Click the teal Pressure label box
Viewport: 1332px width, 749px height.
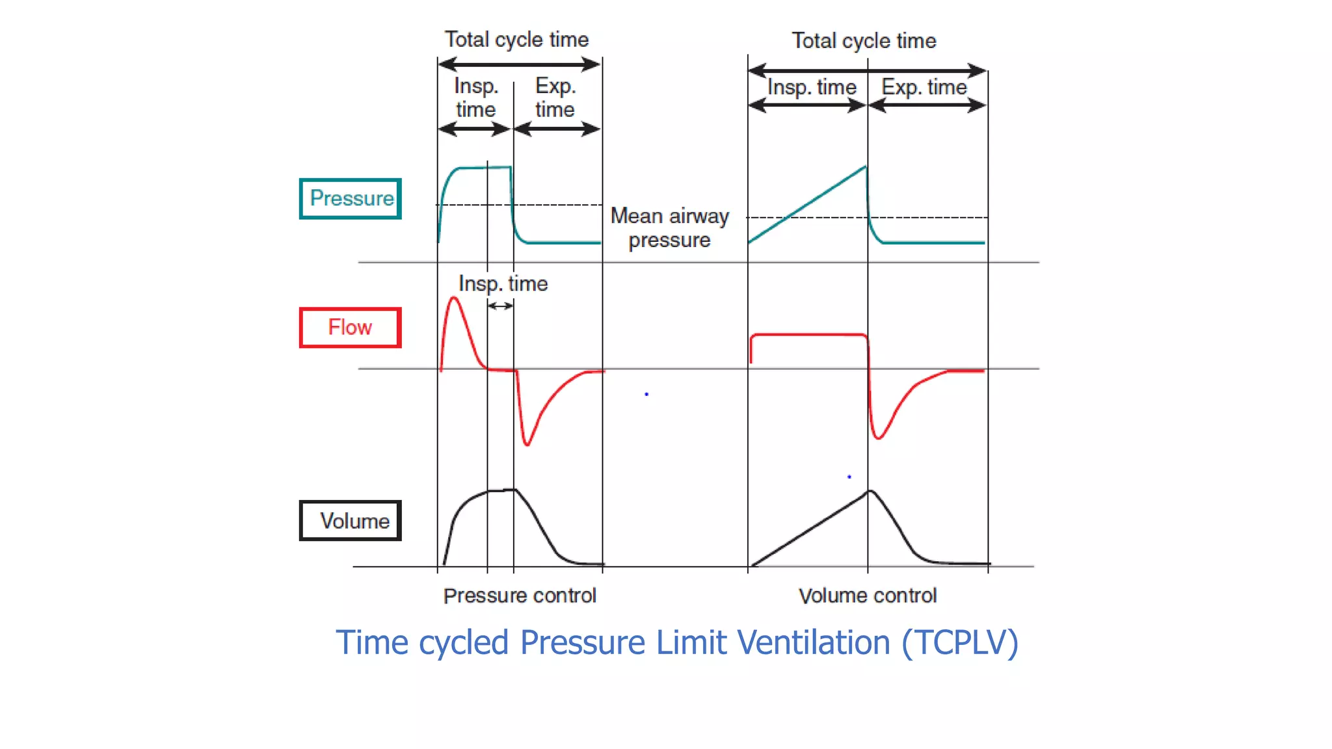click(x=351, y=198)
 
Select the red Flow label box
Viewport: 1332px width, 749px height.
click(x=350, y=327)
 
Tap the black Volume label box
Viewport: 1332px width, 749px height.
click(x=350, y=520)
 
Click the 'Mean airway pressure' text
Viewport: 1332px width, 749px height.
click(x=669, y=228)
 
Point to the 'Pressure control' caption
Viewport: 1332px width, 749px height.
click(x=520, y=596)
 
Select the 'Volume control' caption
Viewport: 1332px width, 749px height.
click(x=867, y=596)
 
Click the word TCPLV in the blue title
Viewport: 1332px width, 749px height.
click(x=959, y=643)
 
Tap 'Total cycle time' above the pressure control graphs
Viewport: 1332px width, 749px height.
click(x=516, y=40)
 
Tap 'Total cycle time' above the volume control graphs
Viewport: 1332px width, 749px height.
click(x=864, y=41)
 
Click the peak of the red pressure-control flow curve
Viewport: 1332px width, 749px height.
click(x=454, y=298)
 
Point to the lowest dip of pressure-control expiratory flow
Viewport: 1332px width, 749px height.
click(x=527, y=445)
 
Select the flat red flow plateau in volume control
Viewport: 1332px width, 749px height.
click(x=808, y=335)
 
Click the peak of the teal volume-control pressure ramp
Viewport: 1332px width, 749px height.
click(x=865, y=168)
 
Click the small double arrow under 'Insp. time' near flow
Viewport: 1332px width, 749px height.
click(x=500, y=306)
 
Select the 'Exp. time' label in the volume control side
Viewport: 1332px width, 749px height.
click(x=924, y=87)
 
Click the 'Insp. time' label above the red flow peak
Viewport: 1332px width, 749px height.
click(x=503, y=283)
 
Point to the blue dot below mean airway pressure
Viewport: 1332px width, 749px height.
click(x=646, y=394)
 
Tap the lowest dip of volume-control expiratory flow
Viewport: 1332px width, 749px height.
click(x=878, y=438)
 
